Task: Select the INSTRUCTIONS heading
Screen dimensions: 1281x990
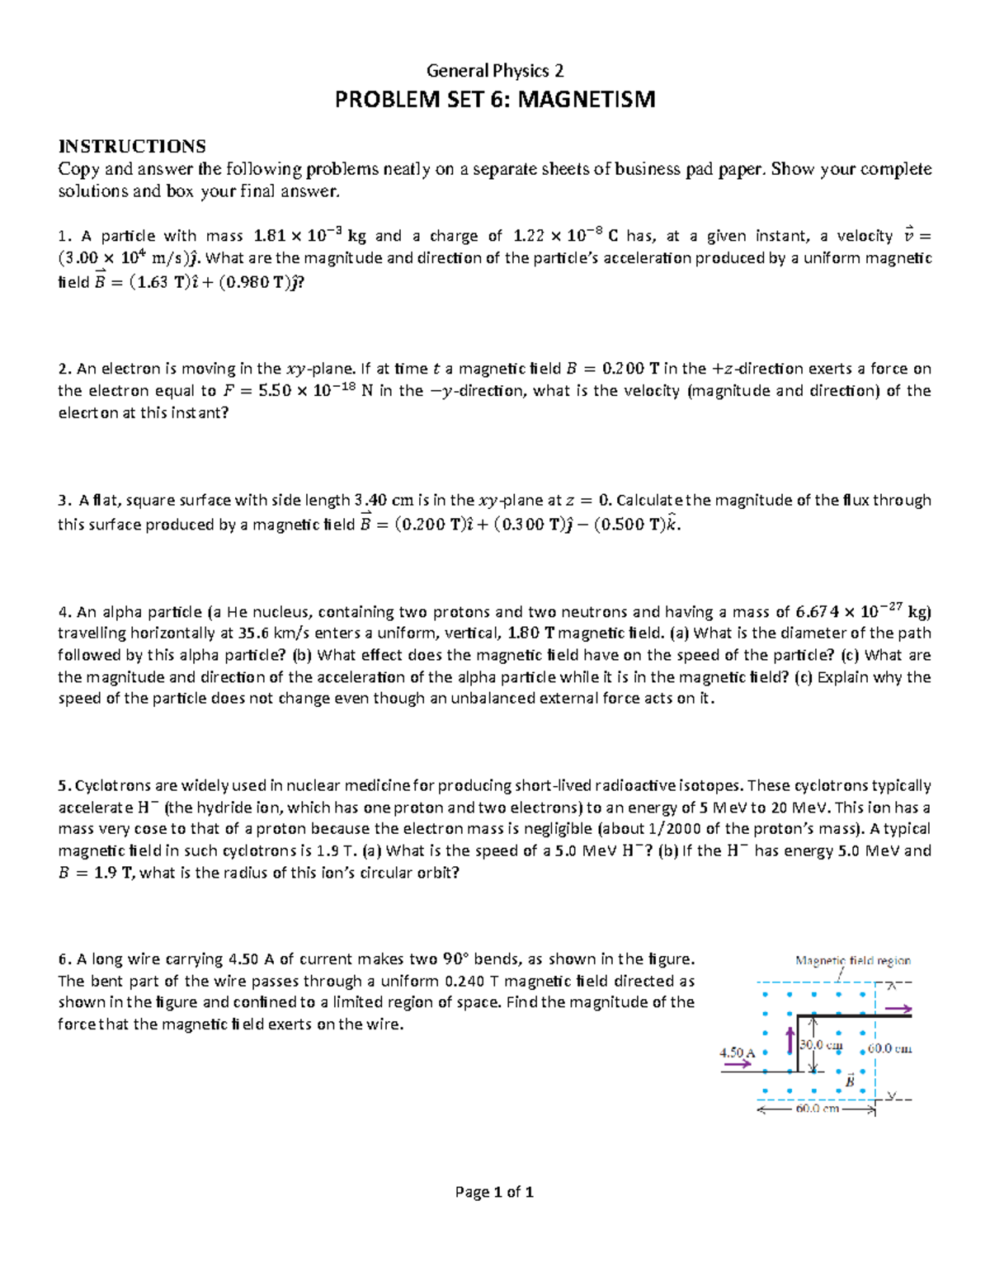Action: [x=132, y=147]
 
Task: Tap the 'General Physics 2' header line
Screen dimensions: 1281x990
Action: [x=494, y=71]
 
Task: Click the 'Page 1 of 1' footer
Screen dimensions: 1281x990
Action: [x=494, y=1192]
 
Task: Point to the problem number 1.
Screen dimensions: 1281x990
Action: [x=61, y=237]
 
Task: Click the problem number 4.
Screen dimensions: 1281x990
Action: [x=62, y=612]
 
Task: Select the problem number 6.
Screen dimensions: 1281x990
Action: [x=62, y=959]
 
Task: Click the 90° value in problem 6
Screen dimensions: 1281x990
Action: [x=455, y=959]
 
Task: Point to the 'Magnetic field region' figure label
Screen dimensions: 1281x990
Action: [x=852, y=961]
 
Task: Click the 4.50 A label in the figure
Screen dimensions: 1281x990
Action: [x=737, y=1053]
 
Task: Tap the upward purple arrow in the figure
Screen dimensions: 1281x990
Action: [x=790, y=1041]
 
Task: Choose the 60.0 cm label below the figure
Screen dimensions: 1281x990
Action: [x=817, y=1109]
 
